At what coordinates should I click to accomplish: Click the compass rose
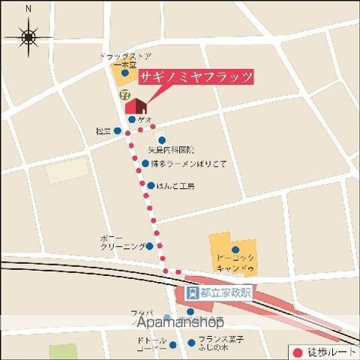[29, 35]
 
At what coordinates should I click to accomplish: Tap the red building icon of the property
[135, 104]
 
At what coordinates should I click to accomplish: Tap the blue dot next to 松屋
[117, 130]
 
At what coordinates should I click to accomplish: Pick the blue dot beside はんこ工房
[151, 185]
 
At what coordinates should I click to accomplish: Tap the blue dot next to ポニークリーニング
[149, 245]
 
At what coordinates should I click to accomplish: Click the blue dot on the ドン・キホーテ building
[235, 250]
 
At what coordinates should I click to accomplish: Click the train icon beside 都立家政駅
[192, 293]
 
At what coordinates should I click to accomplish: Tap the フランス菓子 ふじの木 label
[220, 343]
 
